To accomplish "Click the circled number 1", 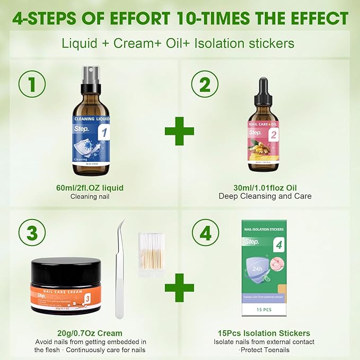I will (x=32, y=83).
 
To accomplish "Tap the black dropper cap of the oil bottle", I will (x=262, y=91).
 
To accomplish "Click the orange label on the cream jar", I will (x=65, y=294).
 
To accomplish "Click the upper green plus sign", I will (x=179, y=130).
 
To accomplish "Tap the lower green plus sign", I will (x=179, y=288).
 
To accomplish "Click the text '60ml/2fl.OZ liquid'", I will (x=93, y=187).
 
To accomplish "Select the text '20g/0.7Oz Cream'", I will (x=93, y=333).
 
